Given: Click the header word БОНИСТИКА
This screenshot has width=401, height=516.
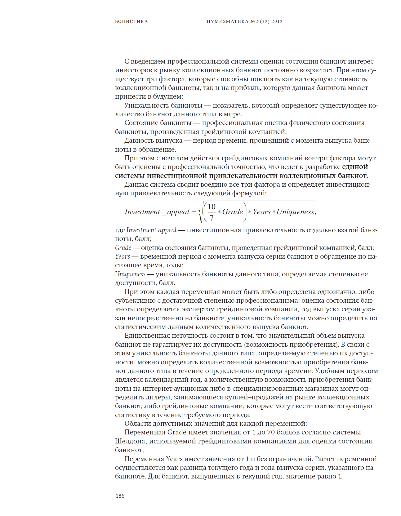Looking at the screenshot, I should pyautogui.click(x=131, y=21).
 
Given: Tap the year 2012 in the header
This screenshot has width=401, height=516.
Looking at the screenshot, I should pyautogui.click(x=277, y=21).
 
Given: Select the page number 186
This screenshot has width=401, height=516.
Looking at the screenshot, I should pyautogui.click(x=120, y=496).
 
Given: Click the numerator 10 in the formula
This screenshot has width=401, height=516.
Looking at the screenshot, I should pyautogui.click(x=212, y=207).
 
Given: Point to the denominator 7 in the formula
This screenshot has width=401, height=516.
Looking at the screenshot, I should pyautogui.click(x=212, y=218).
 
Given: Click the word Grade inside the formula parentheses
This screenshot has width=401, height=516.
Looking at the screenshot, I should pyautogui.click(x=233, y=212).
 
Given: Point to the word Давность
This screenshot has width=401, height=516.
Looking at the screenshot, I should pyautogui.click(x=138, y=140).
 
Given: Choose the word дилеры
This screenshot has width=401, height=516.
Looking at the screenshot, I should pyautogui.click(x=161, y=397).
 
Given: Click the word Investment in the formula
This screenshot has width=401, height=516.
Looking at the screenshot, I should pyautogui.click(x=142, y=212).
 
